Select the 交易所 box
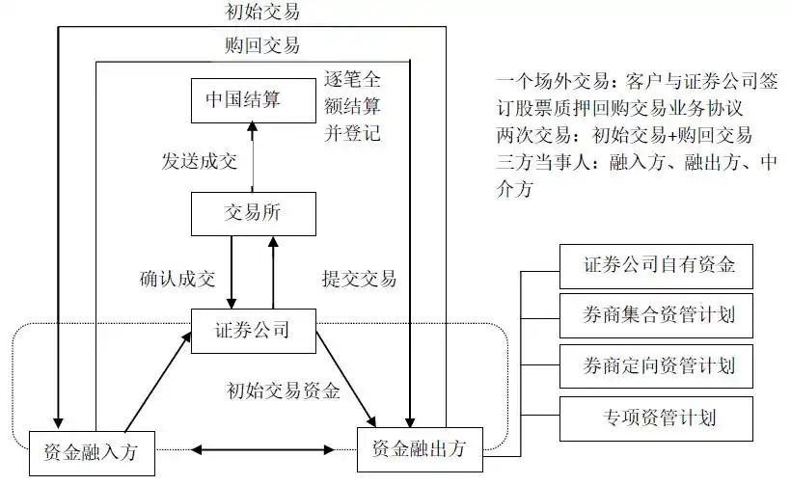coord(252,213)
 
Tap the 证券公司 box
coord(252,330)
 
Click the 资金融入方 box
coord(92,449)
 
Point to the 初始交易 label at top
coord(253,12)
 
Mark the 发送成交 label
coord(199,161)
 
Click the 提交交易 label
coord(359,279)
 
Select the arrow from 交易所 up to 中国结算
coord(252,154)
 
